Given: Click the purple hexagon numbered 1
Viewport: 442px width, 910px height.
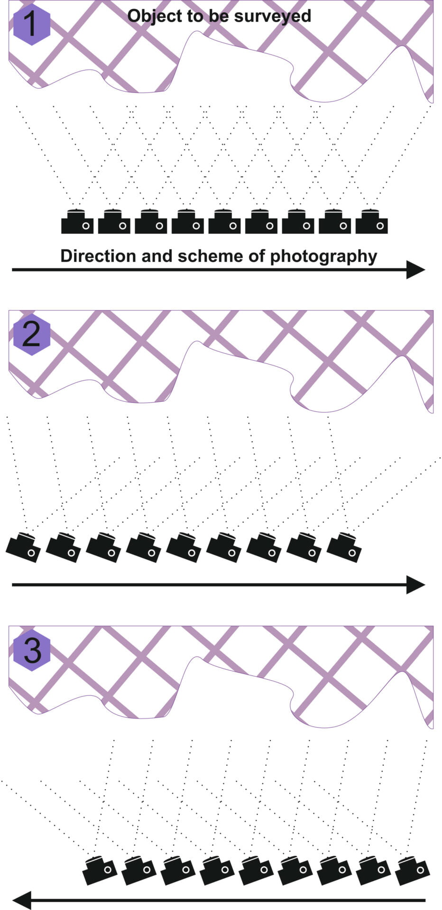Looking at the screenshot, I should click(32, 25).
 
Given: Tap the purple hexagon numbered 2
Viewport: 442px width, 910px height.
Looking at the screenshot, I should click(32, 335).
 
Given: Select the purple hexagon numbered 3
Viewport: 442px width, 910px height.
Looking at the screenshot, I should click(32, 650).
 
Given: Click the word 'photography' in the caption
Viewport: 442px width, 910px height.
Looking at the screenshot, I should click(323, 256).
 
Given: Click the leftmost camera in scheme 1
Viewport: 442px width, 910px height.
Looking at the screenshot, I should click(77, 222).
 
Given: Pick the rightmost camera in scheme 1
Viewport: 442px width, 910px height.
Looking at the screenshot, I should click(371, 222).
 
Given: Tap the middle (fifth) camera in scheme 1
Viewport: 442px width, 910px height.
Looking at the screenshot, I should click(224, 222).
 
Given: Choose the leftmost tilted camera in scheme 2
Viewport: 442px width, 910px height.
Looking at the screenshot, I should click(23, 547).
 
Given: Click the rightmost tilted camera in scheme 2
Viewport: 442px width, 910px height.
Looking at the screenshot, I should click(344, 547).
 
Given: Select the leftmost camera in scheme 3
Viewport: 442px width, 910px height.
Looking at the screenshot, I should click(99, 870).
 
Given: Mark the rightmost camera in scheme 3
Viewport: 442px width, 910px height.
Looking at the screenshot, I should click(413, 870).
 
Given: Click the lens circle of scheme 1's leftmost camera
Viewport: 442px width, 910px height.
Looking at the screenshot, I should click(86, 226).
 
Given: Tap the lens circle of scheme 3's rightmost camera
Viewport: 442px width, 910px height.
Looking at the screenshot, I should click(421, 869).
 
